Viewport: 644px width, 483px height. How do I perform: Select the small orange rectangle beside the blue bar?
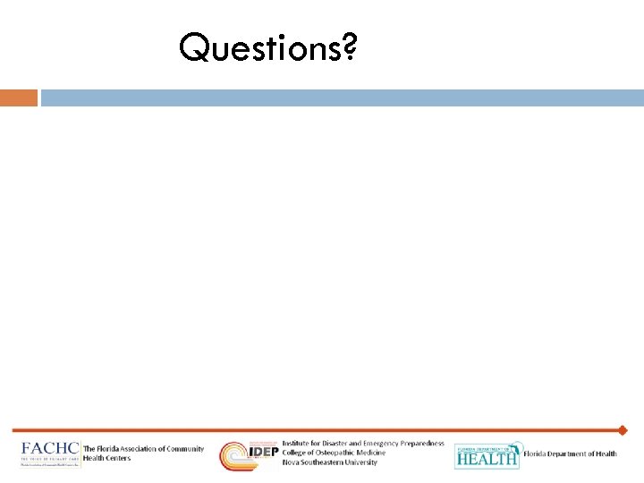point(19,97)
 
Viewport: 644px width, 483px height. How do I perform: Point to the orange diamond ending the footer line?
point(623,430)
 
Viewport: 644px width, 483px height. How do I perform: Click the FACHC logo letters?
point(50,449)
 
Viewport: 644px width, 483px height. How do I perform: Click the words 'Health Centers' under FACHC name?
point(106,458)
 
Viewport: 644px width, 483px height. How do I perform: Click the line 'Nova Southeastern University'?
point(329,462)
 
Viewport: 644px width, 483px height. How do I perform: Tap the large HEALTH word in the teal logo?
point(487,458)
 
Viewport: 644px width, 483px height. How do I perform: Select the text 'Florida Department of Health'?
point(570,454)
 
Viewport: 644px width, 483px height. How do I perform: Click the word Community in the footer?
point(186,449)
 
